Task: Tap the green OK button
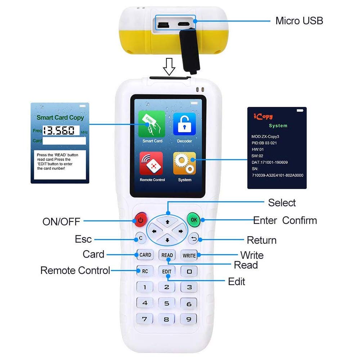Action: tap(194, 219)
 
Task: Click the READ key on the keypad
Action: tap(167, 255)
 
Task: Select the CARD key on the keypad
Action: tap(145, 255)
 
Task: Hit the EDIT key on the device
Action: tap(167, 271)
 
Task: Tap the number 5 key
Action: tap(167, 303)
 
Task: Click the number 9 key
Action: tap(189, 319)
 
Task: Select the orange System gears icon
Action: tap(184, 163)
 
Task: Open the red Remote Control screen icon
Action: tap(152, 163)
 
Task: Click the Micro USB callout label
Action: tap(299, 21)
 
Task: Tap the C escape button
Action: tap(140, 238)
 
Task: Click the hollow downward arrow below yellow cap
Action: tap(169, 67)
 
